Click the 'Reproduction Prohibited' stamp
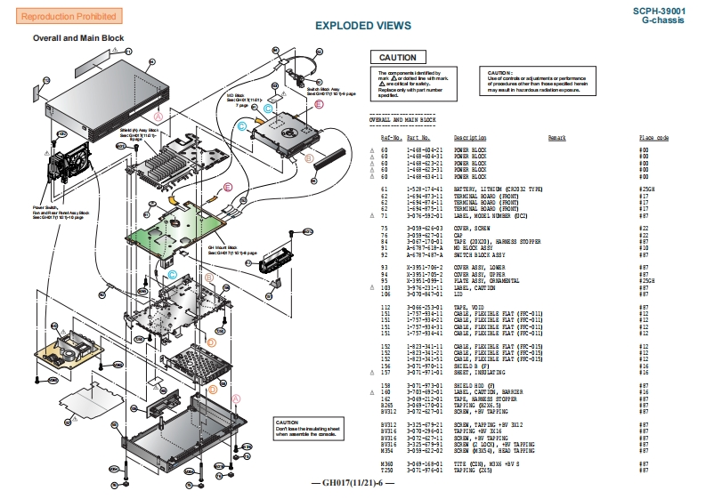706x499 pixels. (56, 17)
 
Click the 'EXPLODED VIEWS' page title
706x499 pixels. (363, 26)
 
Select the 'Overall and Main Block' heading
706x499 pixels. (78, 38)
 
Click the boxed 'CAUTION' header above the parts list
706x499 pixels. (397, 58)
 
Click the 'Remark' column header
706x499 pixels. (556, 138)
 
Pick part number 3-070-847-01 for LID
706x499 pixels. (426, 294)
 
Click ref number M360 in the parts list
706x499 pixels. (387, 463)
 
